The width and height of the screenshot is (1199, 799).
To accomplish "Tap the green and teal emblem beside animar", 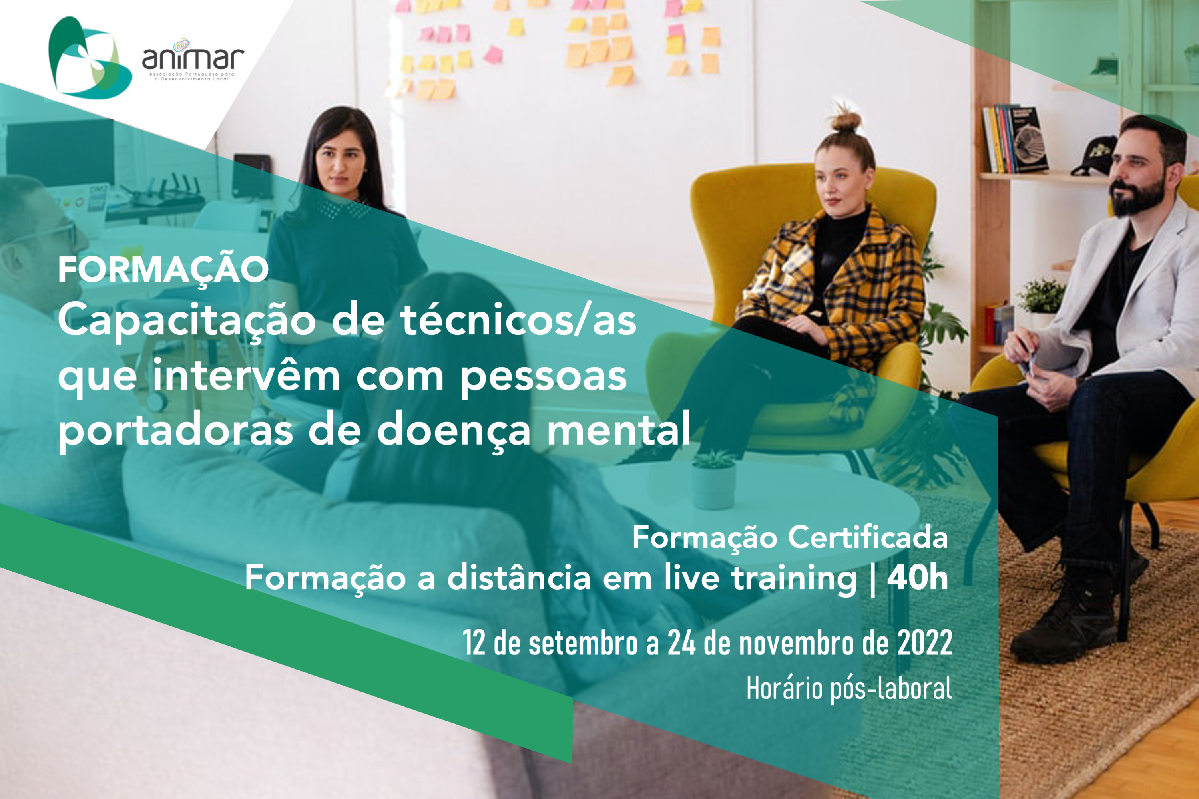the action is tap(89, 57).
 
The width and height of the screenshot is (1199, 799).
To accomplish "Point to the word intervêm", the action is tap(246, 376).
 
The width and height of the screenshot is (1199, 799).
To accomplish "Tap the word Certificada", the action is tap(868, 537).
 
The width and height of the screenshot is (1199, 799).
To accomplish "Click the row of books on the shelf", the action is tap(1014, 139).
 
